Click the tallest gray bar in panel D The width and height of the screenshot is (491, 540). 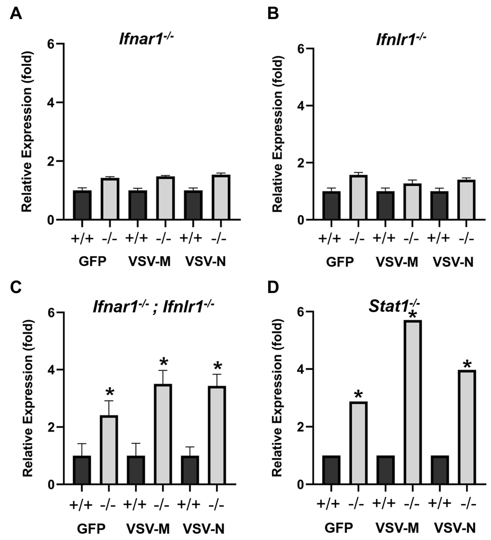click(x=413, y=402)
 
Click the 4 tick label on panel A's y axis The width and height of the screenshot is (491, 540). click(x=51, y=102)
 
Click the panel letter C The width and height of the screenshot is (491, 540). click(x=16, y=288)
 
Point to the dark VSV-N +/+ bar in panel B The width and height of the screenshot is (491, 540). click(x=439, y=205)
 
